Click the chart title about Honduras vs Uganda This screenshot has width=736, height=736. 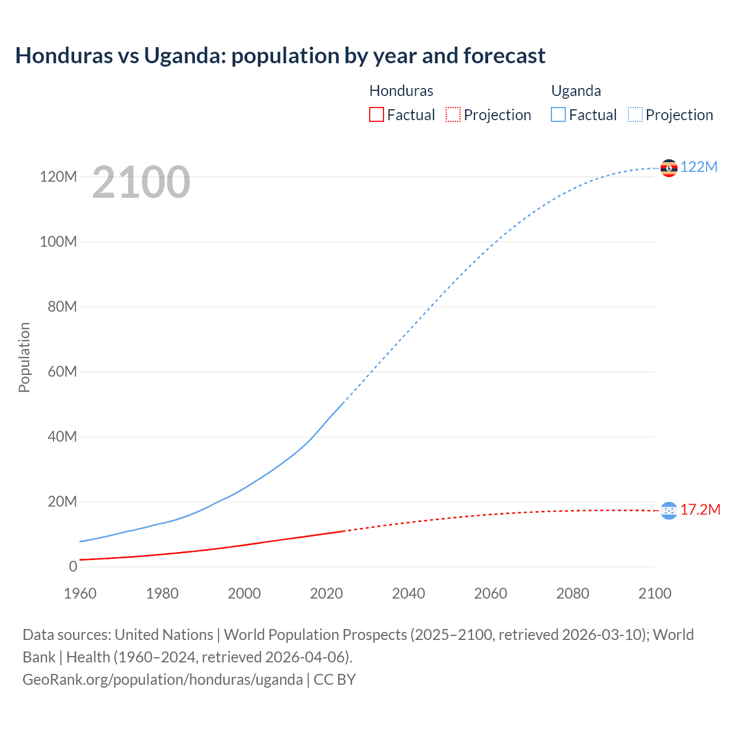pos(280,56)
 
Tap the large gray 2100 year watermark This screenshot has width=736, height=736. pos(141,182)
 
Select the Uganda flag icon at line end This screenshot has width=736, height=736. pos(669,168)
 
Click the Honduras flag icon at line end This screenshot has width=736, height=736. pos(669,510)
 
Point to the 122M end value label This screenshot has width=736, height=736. pos(699,167)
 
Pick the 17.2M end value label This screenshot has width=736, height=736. pos(700,510)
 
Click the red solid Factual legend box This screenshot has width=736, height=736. pos(377,115)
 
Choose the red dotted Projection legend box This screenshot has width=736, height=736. pos(453,115)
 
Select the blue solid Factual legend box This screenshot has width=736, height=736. pos(558,115)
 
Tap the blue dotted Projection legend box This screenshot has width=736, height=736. pos(635,115)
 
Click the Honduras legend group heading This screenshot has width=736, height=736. pos(401,91)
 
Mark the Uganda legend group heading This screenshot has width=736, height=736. pos(576,91)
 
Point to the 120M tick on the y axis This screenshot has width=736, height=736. pos(58,177)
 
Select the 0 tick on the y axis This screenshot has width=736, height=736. pos(72,566)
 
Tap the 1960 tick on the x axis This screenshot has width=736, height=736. pos(80,593)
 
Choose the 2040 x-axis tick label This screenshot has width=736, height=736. pos(408,593)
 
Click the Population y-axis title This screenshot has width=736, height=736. pos(24,357)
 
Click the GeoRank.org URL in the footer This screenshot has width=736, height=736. pos(163,680)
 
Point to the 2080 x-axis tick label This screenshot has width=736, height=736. pos(572,593)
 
